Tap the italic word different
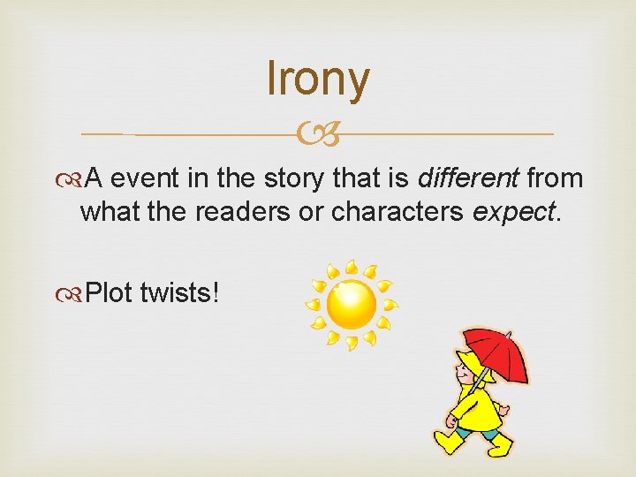click(467, 178)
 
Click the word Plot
click(110, 292)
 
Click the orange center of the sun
click(351, 302)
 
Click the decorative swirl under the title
click(318, 135)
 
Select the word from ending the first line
click(554, 178)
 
